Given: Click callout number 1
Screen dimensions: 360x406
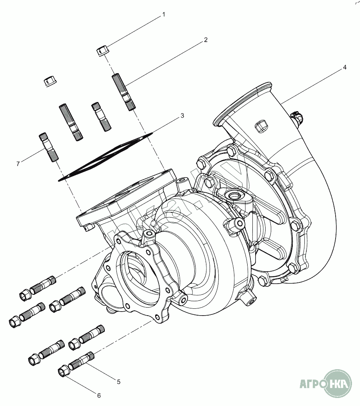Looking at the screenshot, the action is [163, 15].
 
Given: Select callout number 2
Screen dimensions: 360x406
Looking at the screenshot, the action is [205, 40].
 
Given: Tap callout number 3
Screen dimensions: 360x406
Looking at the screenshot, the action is [182, 116].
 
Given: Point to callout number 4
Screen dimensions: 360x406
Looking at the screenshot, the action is [344, 67].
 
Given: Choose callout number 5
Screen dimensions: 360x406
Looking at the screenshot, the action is [119, 382].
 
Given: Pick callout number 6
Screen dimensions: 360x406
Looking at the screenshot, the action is [99, 396].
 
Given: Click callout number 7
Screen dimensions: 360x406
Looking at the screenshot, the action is [18, 164].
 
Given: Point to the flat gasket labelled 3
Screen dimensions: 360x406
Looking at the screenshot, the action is [106, 156].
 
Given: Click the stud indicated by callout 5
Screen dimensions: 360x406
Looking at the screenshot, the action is [82, 360].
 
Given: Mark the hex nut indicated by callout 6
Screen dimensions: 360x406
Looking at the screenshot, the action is [64, 371].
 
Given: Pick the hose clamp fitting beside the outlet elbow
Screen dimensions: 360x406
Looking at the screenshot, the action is [297, 117].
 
